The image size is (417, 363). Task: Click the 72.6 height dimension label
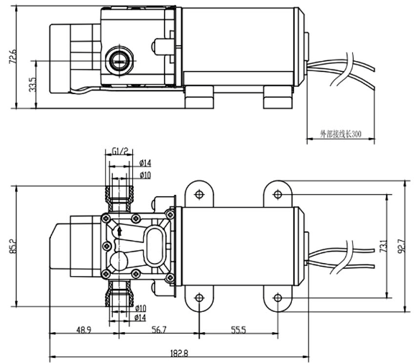12,56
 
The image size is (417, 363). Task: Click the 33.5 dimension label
32,85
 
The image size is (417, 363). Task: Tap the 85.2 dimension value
13,246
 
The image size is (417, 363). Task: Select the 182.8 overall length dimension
179,353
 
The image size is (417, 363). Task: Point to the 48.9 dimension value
84,330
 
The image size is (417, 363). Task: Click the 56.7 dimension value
159,330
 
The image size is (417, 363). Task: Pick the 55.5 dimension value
239,330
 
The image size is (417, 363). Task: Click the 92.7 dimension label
402,246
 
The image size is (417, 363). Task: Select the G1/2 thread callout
119,152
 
